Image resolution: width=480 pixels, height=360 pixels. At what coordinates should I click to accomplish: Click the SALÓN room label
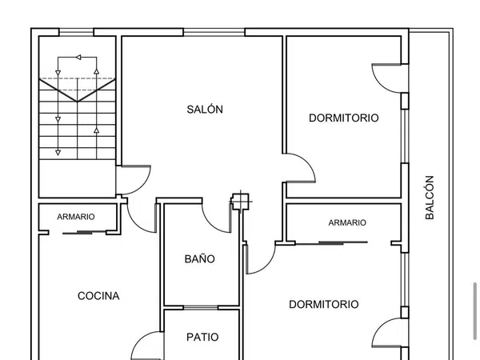(x=205, y=110)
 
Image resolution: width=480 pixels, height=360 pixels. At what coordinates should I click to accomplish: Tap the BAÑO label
(x=199, y=258)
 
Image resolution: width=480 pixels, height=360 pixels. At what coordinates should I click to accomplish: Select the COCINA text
(x=98, y=296)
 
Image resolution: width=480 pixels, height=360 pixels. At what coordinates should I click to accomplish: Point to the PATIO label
(x=202, y=337)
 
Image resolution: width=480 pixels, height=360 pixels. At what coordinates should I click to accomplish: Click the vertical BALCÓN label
(x=430, y=198)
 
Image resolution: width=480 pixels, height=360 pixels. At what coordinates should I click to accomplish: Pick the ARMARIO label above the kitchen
(x=76, y=217)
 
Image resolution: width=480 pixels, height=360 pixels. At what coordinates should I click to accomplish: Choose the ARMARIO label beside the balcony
(x=347, y=222)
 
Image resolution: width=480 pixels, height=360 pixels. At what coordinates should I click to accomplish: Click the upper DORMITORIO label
(x=344, y=118)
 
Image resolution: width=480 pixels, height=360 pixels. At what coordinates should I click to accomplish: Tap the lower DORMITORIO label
(x=324, y=304)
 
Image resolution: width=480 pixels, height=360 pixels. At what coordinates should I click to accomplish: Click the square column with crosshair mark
(x=240, y=202)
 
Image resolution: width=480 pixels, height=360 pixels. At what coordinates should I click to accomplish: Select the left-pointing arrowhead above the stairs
(x=78, y=58)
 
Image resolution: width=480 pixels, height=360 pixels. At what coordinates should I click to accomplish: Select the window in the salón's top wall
(x=214, y=32)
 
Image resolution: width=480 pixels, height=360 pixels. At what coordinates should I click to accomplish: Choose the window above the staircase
(x=76, y=32)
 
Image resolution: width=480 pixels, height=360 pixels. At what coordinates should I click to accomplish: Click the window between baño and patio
(x=201, y=307)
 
